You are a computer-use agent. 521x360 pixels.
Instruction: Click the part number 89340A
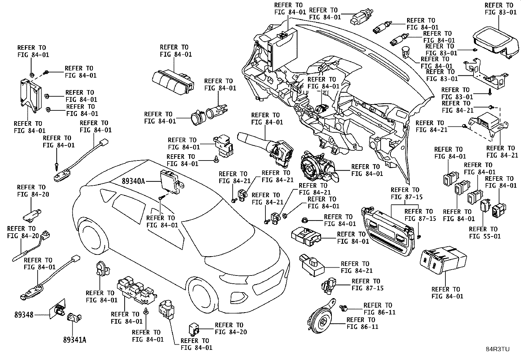[x=133, y=181]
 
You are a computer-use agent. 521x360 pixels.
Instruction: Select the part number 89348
[x=24, y=315]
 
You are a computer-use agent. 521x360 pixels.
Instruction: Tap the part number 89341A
[x=75, y=340]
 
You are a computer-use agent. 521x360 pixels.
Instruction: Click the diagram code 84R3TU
[x=498, y=349]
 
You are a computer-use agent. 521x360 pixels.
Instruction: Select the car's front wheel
[x=202, y=294]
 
